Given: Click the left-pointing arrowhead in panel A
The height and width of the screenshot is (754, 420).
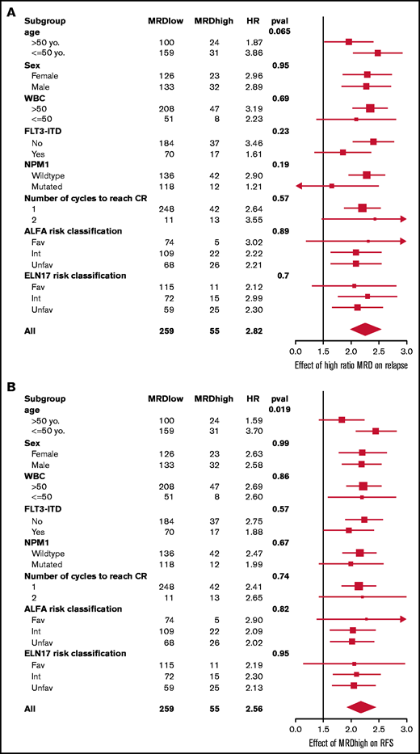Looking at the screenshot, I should point(300,186).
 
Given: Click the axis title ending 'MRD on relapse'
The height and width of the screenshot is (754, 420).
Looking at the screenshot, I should point(351,364).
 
